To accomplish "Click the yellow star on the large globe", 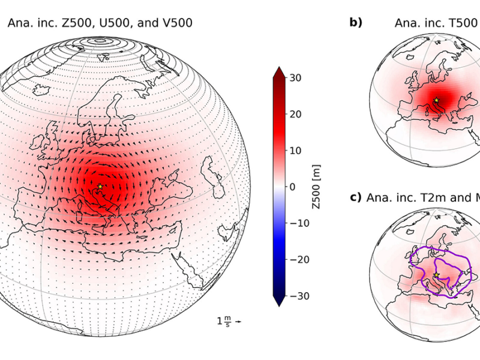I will pyautogui.click(x=100, y=187).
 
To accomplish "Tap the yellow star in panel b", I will pyautogui.click(x=436, y=100).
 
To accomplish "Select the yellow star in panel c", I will pyautogui.click(x=436, y=275).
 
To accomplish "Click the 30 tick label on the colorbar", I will pyautogui.click(x=296, y=78).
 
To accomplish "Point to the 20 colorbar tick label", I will pyautogui.click(x=296, y=114).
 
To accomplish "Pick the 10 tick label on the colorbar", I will pyautogui.click(x=296, y=151).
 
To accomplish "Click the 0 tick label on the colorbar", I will pyautogui.click(x=293, y=187).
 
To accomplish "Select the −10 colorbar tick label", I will pyautogui.click(x=298, y=223).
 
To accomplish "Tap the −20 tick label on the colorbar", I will pyautogui.click(x=298, y=259).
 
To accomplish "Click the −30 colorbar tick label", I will pyautogui.click(x=298, y=296).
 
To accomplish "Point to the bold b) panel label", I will pyautogui.click(x=356, y=23).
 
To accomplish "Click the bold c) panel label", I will pyautogui.click(x=356, y=199).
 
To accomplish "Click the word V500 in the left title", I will pyautogui.click(x=174, y=23).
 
